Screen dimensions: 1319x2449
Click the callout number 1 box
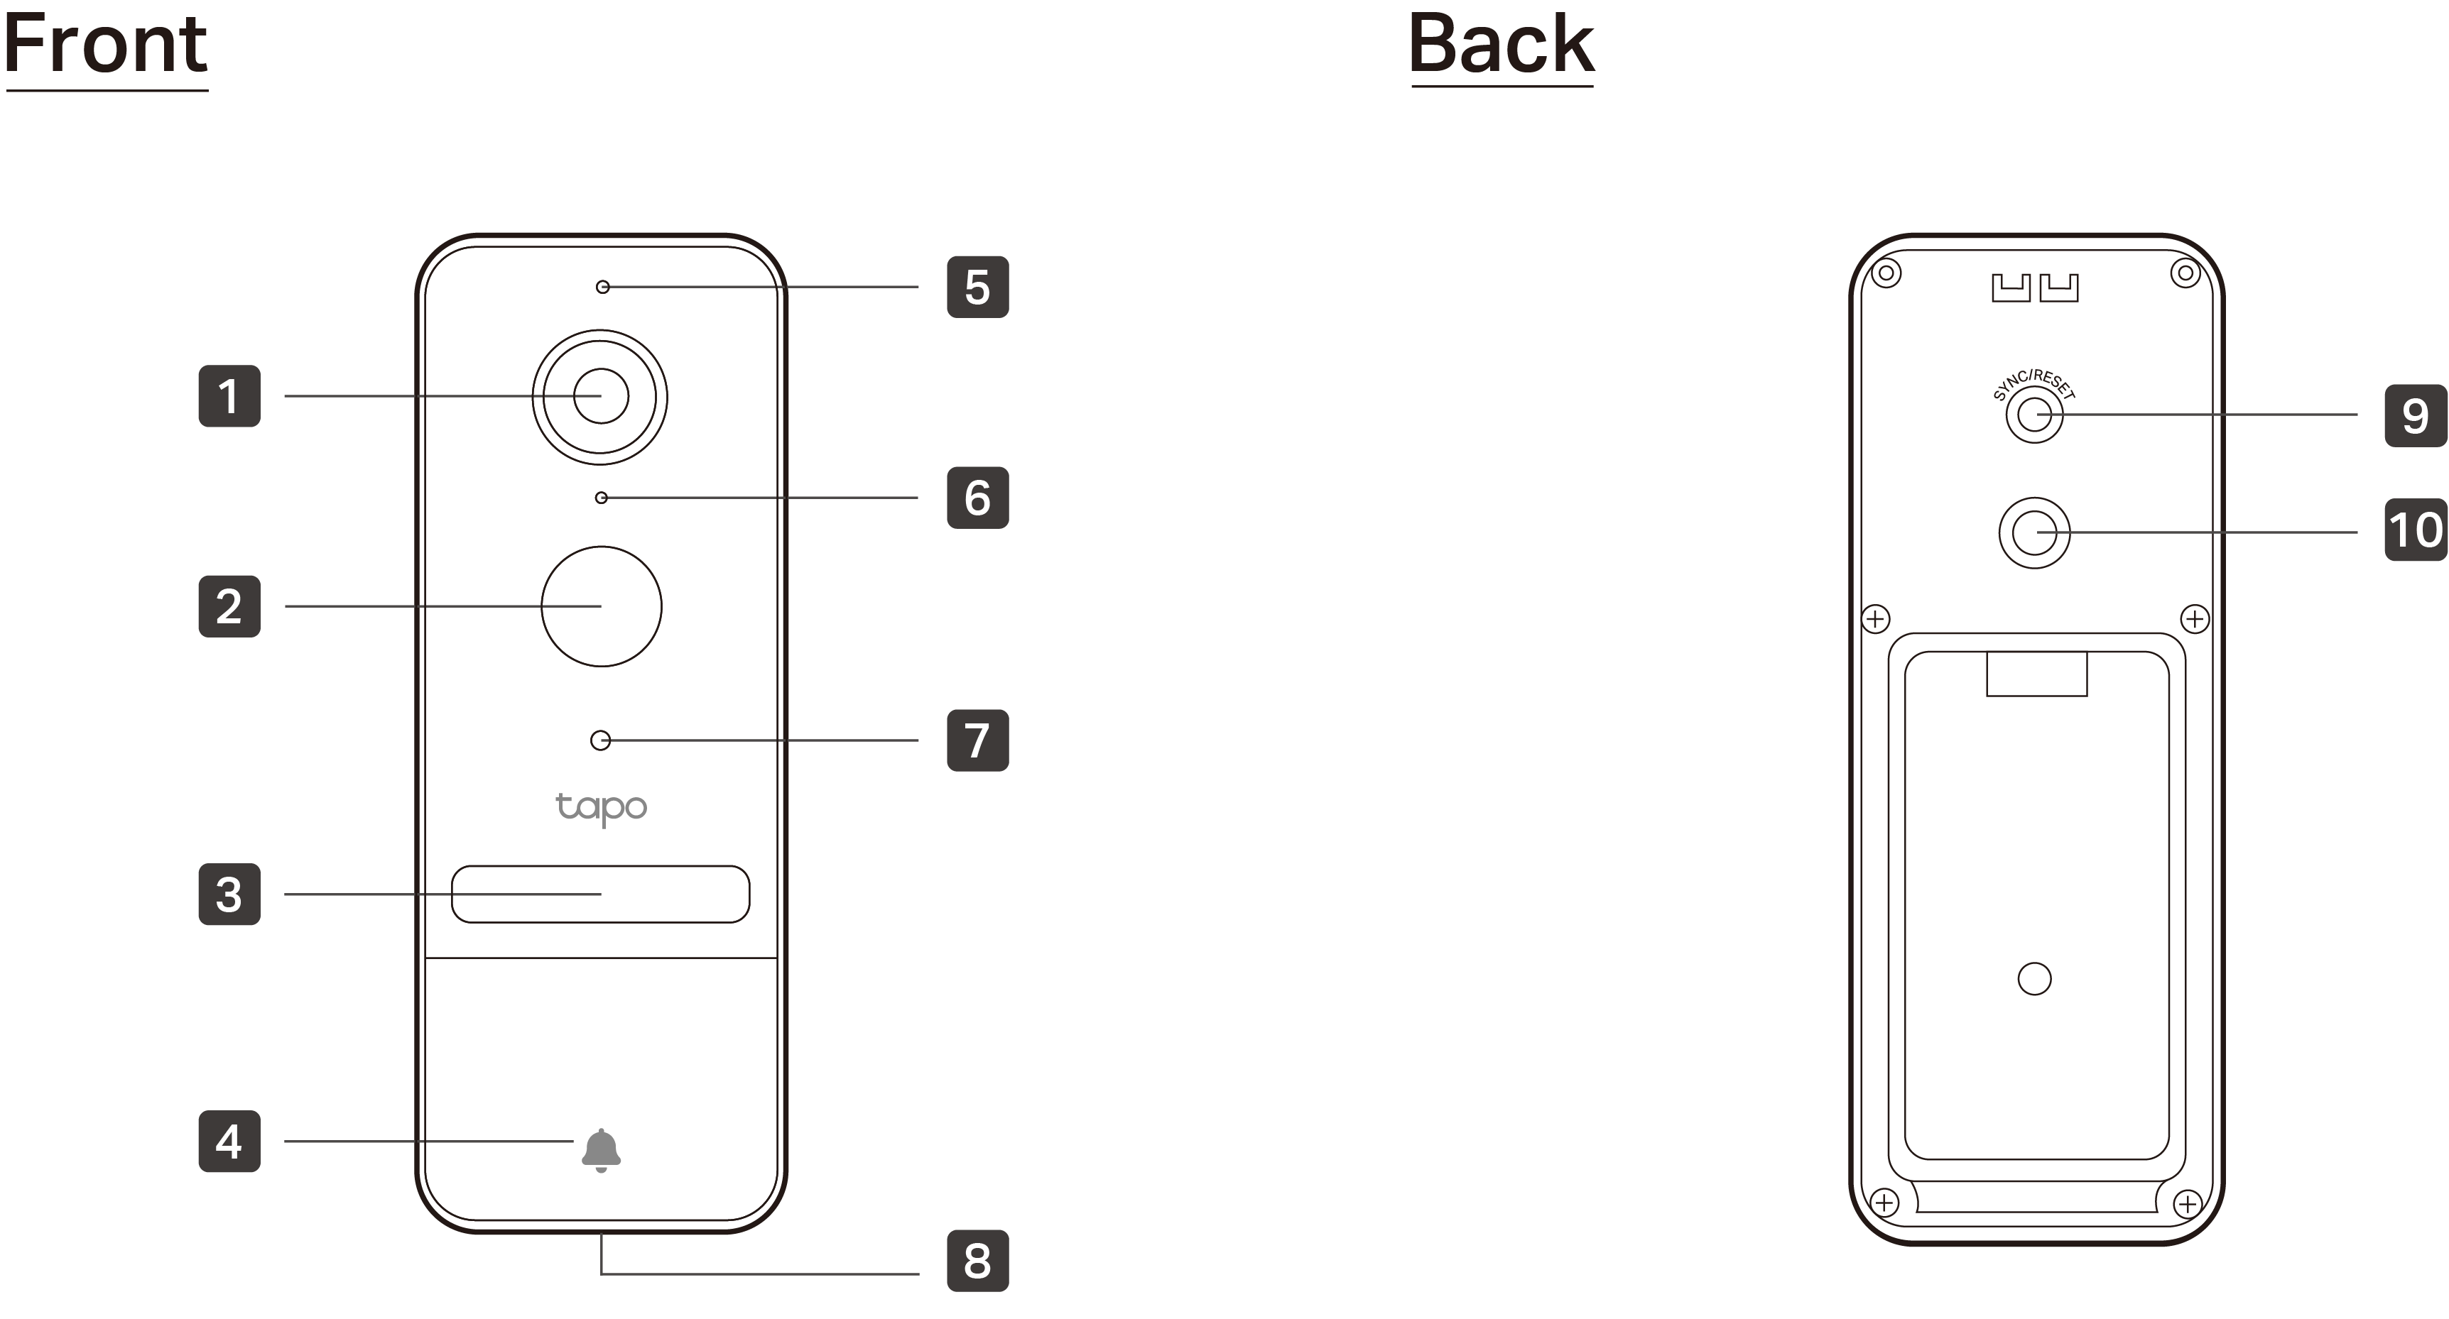pyautogui.click(x=229, y=395)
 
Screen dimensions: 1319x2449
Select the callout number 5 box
pyautogui.click(x=977, y=286)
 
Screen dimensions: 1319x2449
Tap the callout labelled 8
pyautogui.click(x=977, y=1260)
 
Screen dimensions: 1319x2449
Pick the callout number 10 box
pyautogui.click(x=2415, y=530)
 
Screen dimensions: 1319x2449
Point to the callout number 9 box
pyautogui.click(x=2415, y=415)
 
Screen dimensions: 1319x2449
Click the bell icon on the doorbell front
pyautogui.click(x=601, y=1150)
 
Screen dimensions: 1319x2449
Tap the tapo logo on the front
pyautogui.click(x=601, y=808)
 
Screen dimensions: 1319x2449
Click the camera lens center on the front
pyautogui.click(x=601, y=396)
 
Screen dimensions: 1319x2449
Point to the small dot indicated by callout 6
pyautogui.click(x=601, y=498)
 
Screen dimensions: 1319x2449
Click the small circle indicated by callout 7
pyautogui.click(x=601, y=740)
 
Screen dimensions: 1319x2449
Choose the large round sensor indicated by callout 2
pyautogui.click(x=601, y=606)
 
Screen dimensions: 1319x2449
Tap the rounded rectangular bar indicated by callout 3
pyautogui.click(x=601, y=894)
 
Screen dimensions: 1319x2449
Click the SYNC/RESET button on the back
pyautogui.click(x=2034, y=415)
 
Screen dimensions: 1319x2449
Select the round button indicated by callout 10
pyautogui.click(x=2034, y=532)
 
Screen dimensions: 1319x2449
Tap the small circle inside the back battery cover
pyautogui.click(x=2034, y=979)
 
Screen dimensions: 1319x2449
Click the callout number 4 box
pyautogui.click(x=229, y=1142)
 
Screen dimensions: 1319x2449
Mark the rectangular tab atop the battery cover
pyautogui.click(x=2036, y=674)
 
